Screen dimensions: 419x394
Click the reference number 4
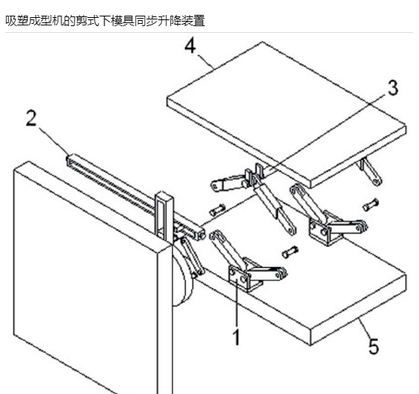pos(190,46)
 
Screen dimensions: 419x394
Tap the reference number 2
pos(31,118)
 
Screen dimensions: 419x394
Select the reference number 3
pos(393,88)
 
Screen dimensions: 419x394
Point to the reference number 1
pos(237,337)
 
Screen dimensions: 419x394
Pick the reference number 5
pos(374,346)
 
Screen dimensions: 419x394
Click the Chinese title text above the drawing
pos(105,21)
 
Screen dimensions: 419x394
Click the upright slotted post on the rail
pos(164,216)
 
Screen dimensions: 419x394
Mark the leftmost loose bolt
pos(217,210)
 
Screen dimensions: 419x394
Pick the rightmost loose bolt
pos(370,204)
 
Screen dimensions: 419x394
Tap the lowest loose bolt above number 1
pos(291,251)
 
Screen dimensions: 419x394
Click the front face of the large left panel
pos(85,281)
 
